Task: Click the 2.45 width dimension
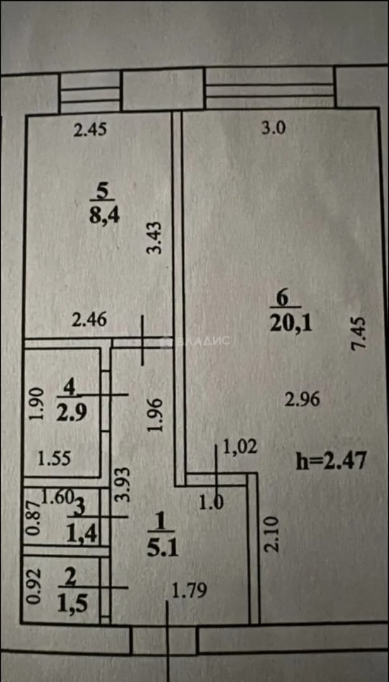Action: point(90,131)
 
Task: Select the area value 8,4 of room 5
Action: point(103,216)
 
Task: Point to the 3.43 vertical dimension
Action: point(155,237)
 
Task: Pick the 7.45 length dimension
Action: point(361,333)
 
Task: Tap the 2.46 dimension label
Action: point(89,321)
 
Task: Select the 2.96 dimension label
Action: point(302,399)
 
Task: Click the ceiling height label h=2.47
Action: point(332,460)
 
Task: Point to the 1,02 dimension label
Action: point(240,446)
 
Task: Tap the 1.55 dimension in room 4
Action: point(54,458)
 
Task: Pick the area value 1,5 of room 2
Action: point(73,604)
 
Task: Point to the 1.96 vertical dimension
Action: point(155,415)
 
